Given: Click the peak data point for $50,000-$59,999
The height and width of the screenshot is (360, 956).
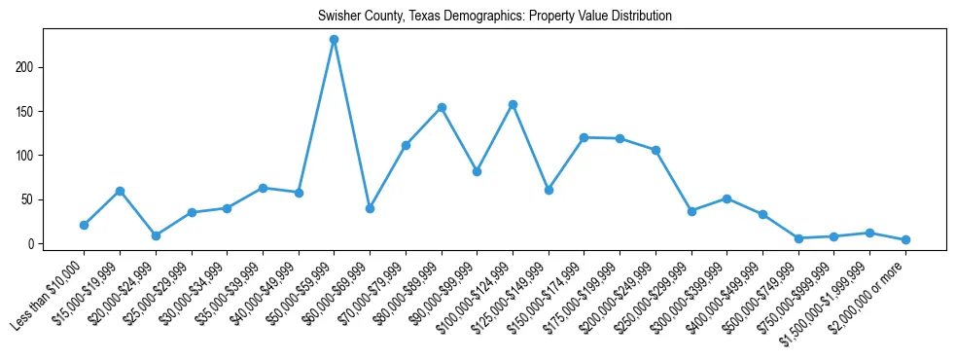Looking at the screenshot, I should click(x=334, y=40).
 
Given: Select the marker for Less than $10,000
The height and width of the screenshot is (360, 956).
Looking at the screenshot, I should click(x=84, y=225).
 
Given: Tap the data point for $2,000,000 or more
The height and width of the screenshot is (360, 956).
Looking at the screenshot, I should click(x=905, y=239).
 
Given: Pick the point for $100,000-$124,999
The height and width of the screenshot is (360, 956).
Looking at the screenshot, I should click(x=513, y=104).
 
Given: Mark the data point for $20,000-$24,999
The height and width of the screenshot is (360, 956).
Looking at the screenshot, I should click(x=156, y=235).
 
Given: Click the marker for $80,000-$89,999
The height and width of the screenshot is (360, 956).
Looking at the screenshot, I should click(x=442, y=107).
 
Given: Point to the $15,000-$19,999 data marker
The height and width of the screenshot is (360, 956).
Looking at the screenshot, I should click(x=120, y=191).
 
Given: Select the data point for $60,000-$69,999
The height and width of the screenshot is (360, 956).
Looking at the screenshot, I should click(x=370, y=208).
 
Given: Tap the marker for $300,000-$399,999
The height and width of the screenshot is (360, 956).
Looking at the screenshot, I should click(x=726, y=198).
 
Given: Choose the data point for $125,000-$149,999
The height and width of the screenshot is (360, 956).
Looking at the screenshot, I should click(x=549, y=190).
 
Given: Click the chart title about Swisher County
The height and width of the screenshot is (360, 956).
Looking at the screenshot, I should click(x=495, y=17).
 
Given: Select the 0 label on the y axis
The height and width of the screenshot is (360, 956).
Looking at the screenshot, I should click(x=33, y=243).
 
